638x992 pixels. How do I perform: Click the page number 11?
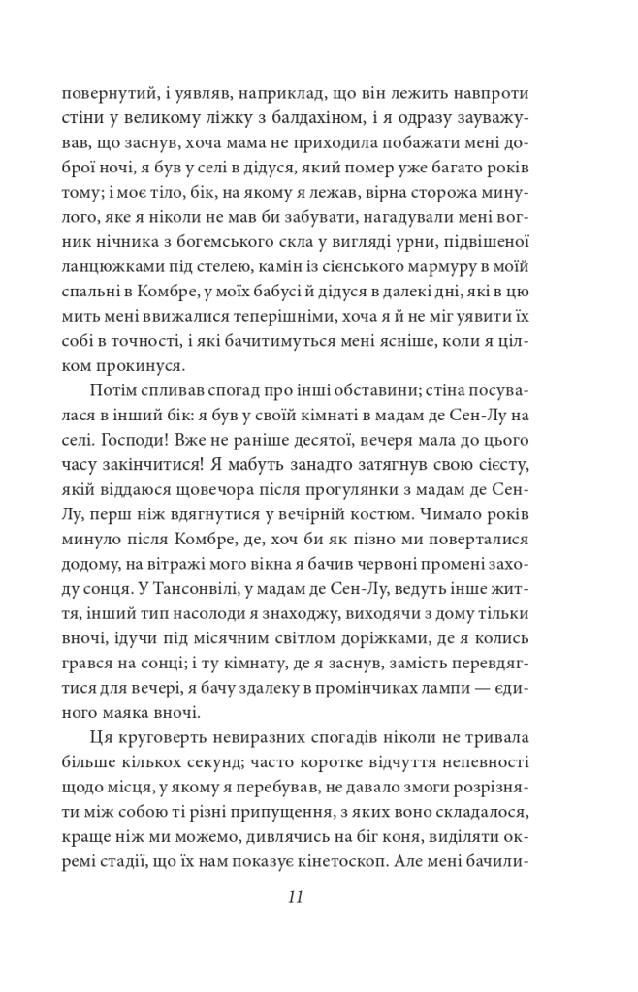297,896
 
